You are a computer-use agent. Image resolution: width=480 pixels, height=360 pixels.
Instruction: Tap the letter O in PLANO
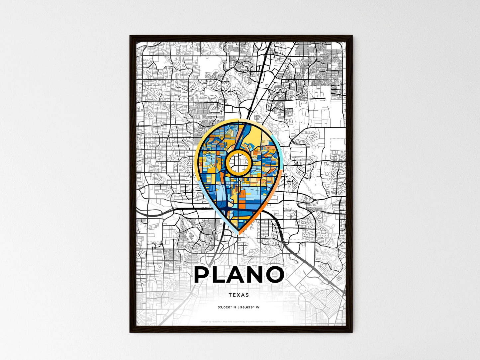point(273,275)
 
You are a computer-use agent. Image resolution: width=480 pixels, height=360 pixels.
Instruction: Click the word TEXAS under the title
point(239,295)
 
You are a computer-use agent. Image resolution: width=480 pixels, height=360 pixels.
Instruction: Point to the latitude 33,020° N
point(227,308)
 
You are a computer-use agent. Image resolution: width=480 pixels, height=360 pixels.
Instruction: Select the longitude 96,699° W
point(249,308)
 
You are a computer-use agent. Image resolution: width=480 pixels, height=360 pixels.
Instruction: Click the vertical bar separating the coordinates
point(238,308)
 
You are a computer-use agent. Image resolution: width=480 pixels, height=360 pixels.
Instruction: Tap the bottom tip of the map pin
point(239,233)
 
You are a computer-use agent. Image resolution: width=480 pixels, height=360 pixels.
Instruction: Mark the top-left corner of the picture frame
point(130,36)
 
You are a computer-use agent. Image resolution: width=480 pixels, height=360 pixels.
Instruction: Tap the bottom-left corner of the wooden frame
point(130,332)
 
